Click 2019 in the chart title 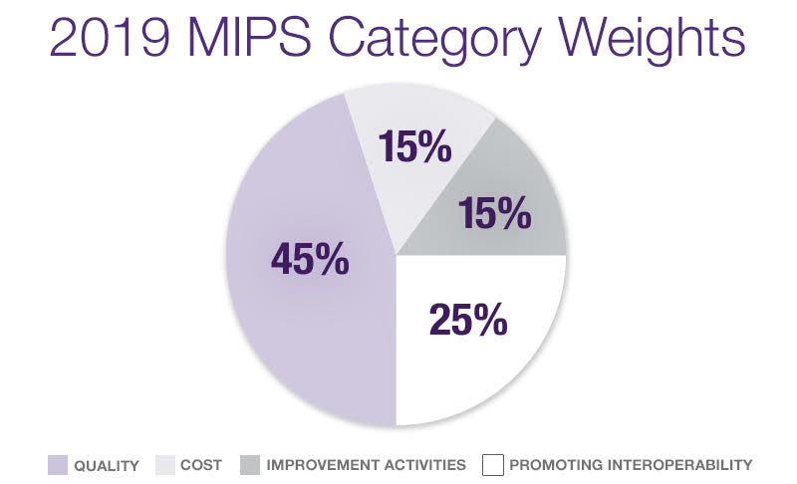110,38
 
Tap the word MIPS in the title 250,38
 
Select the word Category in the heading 435,42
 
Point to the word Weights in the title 653,42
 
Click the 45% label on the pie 310,259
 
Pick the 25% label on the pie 468,320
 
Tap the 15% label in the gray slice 494,213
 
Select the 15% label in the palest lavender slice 414,146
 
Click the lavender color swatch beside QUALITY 58,465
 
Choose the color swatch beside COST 165,465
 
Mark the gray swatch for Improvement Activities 250,465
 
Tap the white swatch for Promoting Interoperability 493,465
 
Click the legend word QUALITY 107,465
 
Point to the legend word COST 201,465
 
